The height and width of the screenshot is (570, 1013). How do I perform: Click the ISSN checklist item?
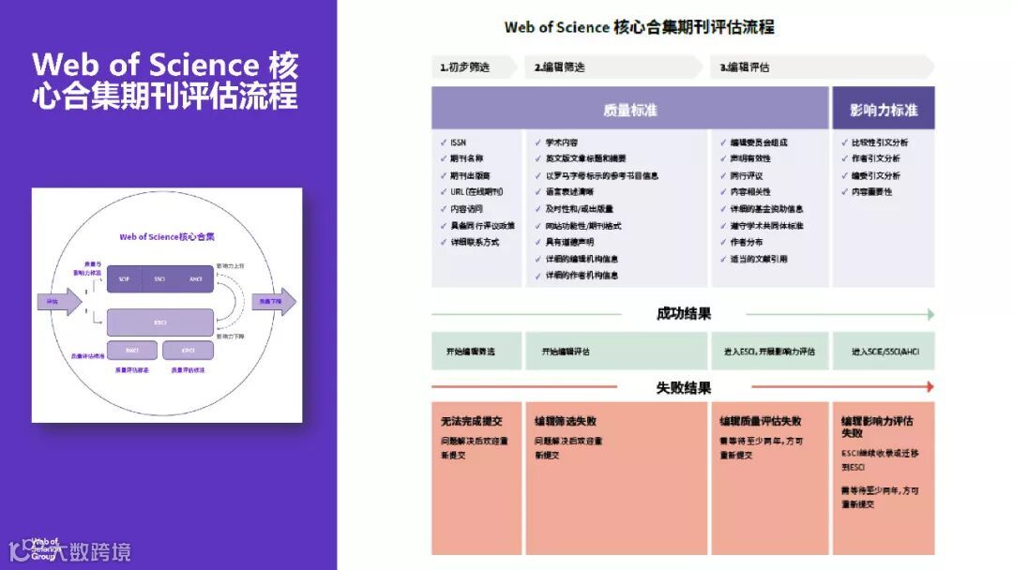(x=458, y=142)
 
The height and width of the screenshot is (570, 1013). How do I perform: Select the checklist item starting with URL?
(x=476, y=192)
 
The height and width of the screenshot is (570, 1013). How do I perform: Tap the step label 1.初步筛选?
(x=466, y=67)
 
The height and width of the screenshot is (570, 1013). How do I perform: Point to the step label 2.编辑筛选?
(x=560, y=67)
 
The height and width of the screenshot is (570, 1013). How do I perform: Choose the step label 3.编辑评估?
(x=745, y=67)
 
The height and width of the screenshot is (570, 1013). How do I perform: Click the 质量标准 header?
(x=630, y=110)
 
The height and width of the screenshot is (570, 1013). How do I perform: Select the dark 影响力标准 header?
(x=883, y=110)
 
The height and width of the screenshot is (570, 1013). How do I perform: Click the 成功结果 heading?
(x=684, y=314)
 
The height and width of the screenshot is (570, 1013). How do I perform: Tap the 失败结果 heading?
(x=684, y=387)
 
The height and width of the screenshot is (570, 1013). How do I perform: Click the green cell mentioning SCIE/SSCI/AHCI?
(x=884, y=352)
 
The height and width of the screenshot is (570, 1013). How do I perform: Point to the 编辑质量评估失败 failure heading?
(x=761, y=421)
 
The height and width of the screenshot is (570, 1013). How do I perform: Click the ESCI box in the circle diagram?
(x=159, y=322)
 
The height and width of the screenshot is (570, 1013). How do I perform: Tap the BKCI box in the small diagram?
(x=133, y=351)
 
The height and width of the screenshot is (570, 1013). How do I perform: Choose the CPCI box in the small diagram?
(x=188, y=351)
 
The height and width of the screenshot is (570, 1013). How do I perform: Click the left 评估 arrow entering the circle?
(x=53, y=302)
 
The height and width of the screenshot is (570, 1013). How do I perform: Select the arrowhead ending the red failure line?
(x=930, y=386)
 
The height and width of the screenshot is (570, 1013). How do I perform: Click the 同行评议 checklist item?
(x=747, y=175)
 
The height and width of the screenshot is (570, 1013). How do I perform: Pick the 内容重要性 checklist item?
(x=871, y=192)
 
